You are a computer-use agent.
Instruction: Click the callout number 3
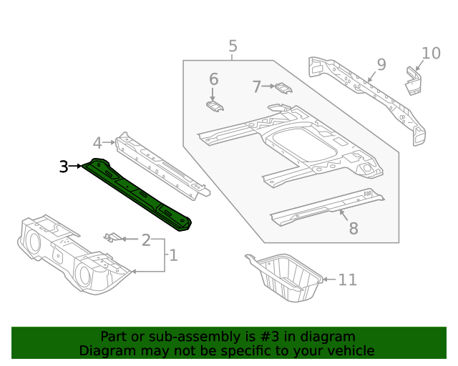pyautogui.click(x=64, y=167)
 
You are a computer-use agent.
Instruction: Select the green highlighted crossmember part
pyautogui.click(x=140, y=196)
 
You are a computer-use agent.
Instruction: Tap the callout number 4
pyautogui.click(x=98, y=142)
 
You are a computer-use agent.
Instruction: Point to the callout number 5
pyautogui.click(x=233, y=47)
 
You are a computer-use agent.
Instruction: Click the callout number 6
pyautogui.click(x=213, y=79)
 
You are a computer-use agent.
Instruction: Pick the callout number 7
pyautogui.click(x=257, y=87)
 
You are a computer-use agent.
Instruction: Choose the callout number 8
pyautogui.click(x=353, y=228)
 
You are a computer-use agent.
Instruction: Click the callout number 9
pyautogui.click(x=381, y=65)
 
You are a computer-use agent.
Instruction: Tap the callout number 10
pyautogui.click(x=431, y=53)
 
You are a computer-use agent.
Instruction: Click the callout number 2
pyautogui.click(x=146, y=239)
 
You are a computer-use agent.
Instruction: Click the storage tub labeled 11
pyautogui.click(x=284, y=280)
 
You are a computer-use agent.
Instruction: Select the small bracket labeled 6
pyautogui.click(x=214, y=106)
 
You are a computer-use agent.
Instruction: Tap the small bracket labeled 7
pyautogui.click(x=284, y=88)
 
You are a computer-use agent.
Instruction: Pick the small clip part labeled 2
pyautogui.click(x=112, y=237)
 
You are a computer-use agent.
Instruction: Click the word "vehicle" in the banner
pyautogui.click(x=350, y=350)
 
